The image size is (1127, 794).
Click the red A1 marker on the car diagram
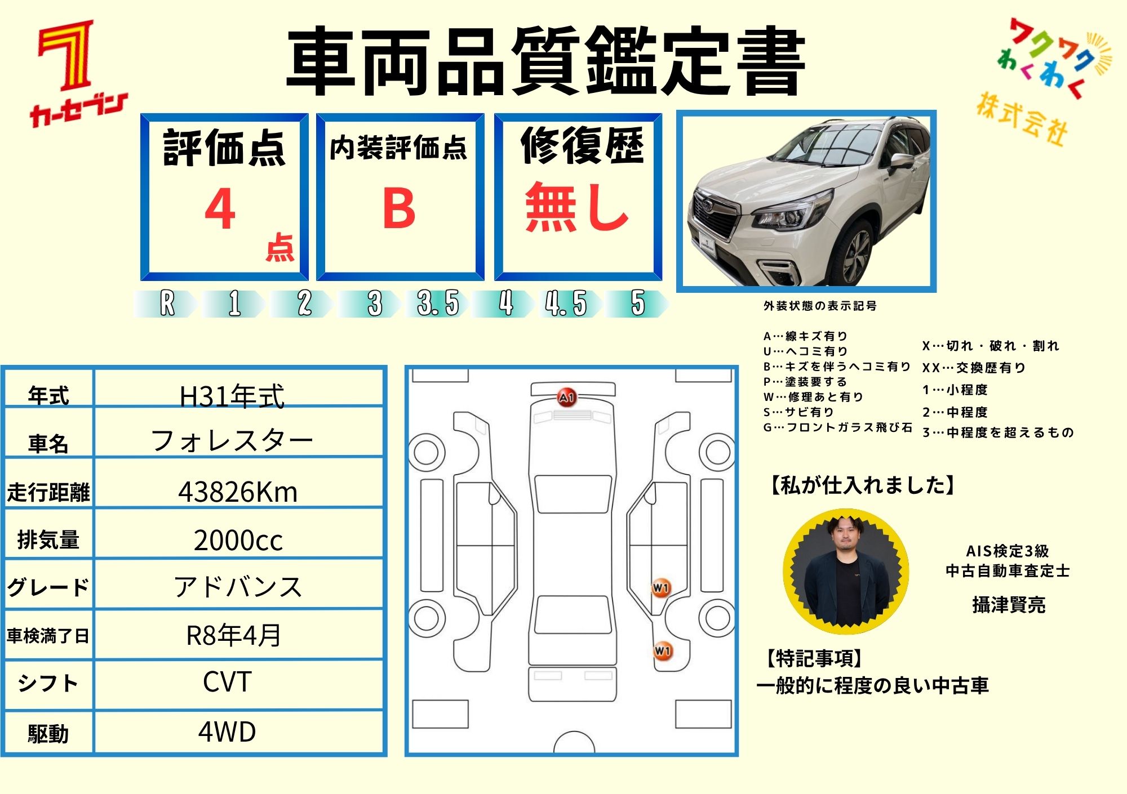tap(566, 398)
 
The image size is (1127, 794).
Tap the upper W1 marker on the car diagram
tap(661, 588)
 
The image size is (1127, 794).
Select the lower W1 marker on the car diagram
tap(663, 651)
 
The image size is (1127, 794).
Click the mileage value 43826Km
tap(238, 492)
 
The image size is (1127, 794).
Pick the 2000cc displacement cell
tap(238, 540)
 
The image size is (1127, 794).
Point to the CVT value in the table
tap(227, 682)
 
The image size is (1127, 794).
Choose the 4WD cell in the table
tap(227, 731)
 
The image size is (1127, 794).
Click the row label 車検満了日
tap(48, 636)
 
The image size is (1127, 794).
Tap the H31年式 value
tap(232, 396)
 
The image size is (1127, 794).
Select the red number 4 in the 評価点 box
tap(220, 208)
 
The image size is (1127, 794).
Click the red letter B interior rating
tap(399, 208)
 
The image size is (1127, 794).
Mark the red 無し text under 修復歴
tap(577, 207)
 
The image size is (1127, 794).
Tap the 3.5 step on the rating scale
tap(438, 304)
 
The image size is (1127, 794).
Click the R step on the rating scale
tap(167, 304)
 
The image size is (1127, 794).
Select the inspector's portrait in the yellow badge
tap(846, 571)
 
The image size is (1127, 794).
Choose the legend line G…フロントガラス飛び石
tap(837, 427)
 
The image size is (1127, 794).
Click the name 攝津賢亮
tap(1009, 605)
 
